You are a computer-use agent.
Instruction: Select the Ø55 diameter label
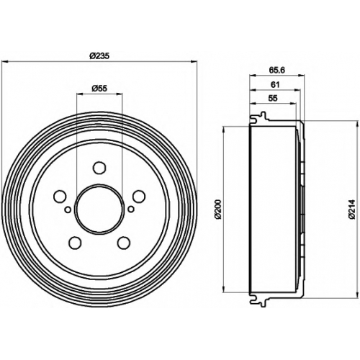coord(99,89)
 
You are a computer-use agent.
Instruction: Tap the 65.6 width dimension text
coord(276,70)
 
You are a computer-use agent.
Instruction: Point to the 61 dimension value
coord(275,84)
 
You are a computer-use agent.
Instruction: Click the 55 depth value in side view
coord(273,98)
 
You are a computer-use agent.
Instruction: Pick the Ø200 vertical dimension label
coord(219,209)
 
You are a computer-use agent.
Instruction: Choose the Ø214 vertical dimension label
coord(352,209)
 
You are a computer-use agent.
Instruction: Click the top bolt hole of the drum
coord(99,168)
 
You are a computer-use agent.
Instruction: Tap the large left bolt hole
coord(60,197)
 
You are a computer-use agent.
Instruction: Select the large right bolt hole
coord(139,197)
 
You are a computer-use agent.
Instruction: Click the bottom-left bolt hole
coord(75,243)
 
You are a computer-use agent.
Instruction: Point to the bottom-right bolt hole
coord(124,243)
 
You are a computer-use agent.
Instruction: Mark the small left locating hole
coord(68,210)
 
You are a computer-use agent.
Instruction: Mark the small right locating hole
coord(131,210)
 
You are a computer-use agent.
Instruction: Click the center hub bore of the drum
coord(99,208)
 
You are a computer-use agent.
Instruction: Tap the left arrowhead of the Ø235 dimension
coord(4,62)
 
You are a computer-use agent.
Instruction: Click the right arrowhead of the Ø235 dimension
coord(194,62)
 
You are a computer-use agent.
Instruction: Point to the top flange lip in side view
coord(259,118)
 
